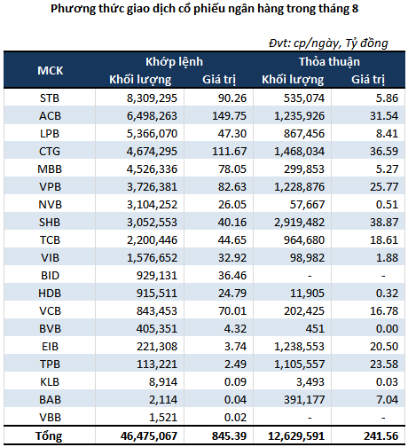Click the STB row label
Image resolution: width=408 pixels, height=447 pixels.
click(50, 98)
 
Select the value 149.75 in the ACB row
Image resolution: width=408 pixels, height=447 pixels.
click(229, 116)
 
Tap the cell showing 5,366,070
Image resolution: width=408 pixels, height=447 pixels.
click(152, 134)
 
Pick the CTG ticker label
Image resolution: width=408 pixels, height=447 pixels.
click(50, 152)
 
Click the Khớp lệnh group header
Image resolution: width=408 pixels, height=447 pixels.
click(174, 62)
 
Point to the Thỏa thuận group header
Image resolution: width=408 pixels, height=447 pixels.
click(329, 62)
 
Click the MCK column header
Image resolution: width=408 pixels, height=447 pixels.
click(51, 71)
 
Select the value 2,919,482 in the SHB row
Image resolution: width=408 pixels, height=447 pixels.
click(299, 223)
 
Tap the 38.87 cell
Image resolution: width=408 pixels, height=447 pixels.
click(384, 223)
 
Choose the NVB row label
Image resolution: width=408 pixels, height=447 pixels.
click(50, 205)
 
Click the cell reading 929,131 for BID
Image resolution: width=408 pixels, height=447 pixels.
click(157, 276)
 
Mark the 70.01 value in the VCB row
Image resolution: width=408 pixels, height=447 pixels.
click(232, 311)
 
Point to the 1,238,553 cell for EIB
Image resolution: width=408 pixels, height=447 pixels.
click(299, 347)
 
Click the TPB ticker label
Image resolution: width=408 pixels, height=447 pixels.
click(50, 365)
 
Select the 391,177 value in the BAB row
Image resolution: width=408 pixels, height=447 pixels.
click(304, 400)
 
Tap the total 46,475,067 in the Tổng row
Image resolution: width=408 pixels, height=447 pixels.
click(149, 436)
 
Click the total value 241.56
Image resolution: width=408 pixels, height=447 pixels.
click(381, 436)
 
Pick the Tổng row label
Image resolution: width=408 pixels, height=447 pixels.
click(49, 436)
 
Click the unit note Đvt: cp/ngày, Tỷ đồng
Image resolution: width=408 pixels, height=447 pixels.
click(328, 43)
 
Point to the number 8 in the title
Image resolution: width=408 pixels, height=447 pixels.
click(355, 9)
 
